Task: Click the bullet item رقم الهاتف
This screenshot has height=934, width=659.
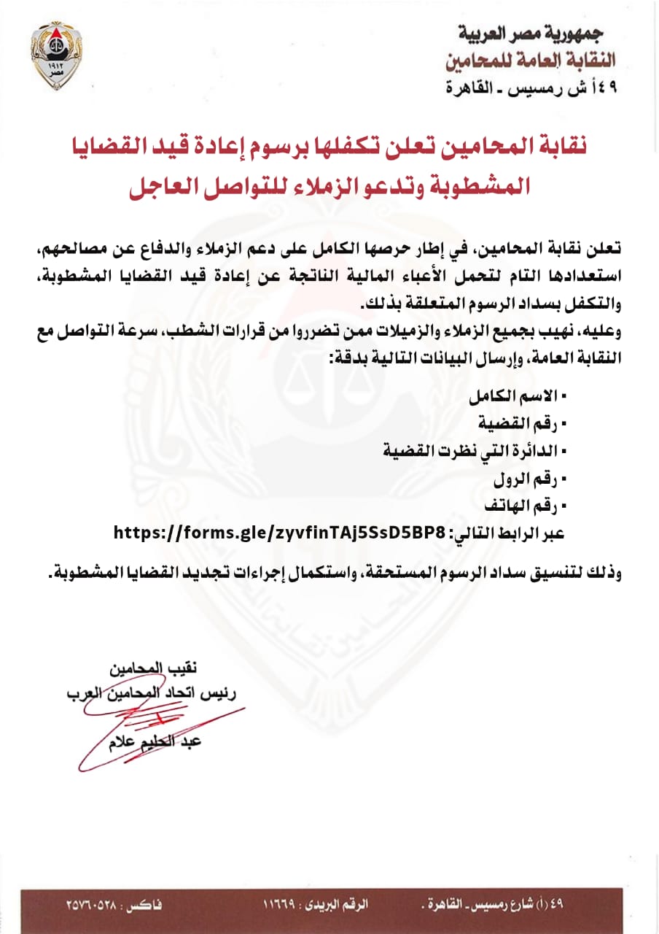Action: [x=524, y=505]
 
